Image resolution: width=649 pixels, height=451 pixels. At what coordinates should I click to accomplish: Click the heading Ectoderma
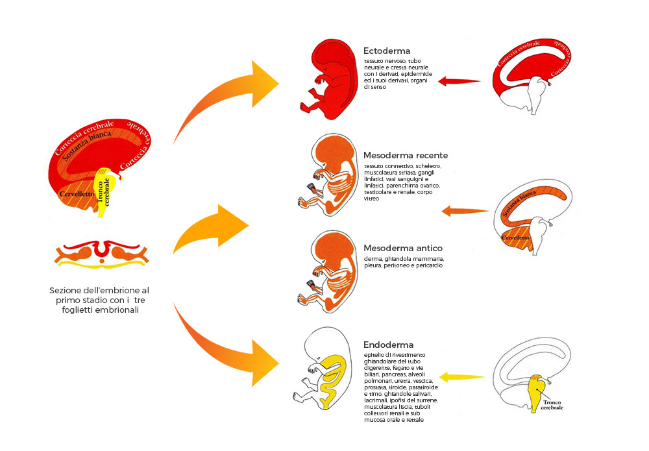[x=386, y=51]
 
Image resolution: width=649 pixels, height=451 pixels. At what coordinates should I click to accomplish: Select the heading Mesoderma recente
[x=406, y=156]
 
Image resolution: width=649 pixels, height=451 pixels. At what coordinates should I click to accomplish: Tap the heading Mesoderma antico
[x=403, y=249]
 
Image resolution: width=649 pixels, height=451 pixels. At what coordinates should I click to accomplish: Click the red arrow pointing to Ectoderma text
[x=459, y=82]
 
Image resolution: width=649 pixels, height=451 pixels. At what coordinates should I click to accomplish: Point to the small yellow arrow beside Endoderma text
[x=462, y=376]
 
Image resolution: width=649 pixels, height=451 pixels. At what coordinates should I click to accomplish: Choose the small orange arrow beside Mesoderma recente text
[x=464, y=211]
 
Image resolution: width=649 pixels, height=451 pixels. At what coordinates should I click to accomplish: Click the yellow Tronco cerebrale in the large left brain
[x=104, y=188]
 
